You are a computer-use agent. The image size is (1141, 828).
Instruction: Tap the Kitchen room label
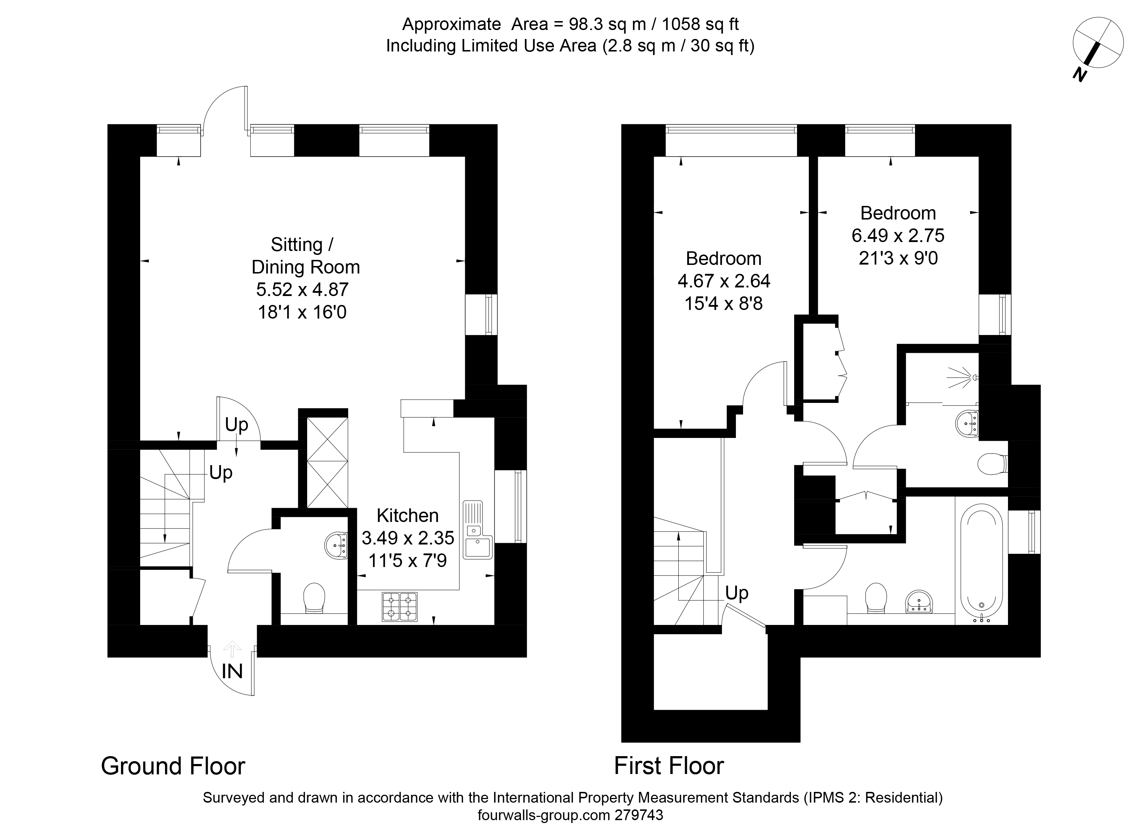coord(408,516)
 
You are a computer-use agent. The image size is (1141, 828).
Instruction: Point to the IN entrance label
coord(232,671)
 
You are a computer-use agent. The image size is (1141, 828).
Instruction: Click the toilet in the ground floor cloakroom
coord(314,598)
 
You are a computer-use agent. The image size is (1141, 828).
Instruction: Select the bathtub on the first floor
coord(981,563)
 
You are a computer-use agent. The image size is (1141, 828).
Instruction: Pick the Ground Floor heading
coord(173,766)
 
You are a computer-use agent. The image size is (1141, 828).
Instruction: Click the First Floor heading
coord(669,766)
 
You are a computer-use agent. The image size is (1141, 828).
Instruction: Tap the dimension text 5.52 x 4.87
coord(303,290)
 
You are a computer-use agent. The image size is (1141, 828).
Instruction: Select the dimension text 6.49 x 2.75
coord(898,235)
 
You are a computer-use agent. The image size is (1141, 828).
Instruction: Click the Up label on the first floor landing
coord(737,593)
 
